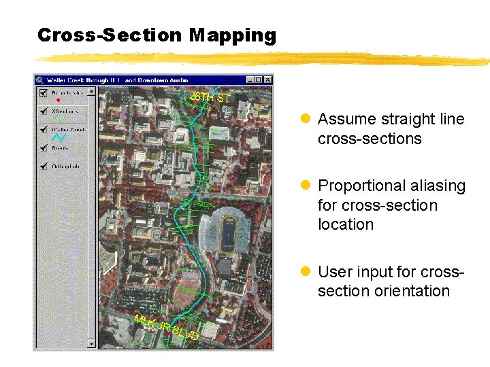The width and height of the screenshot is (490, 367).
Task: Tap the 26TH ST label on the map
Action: coord(210,97)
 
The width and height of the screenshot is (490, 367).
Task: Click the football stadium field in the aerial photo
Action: coord(226,234)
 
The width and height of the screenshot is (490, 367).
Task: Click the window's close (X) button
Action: coord(267,80)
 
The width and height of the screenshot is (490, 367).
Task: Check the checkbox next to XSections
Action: coord(44,111)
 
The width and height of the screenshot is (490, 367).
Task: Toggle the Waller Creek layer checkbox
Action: coord(44,129)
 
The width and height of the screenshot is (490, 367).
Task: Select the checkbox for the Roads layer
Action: coord(44,147)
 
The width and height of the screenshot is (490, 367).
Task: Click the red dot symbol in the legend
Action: coord(58,101)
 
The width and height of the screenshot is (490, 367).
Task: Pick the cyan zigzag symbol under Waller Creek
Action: coord(59,137)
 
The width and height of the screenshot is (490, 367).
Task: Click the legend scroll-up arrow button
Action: coord(92,90)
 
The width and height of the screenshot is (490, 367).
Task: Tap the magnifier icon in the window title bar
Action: coord(39,80)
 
